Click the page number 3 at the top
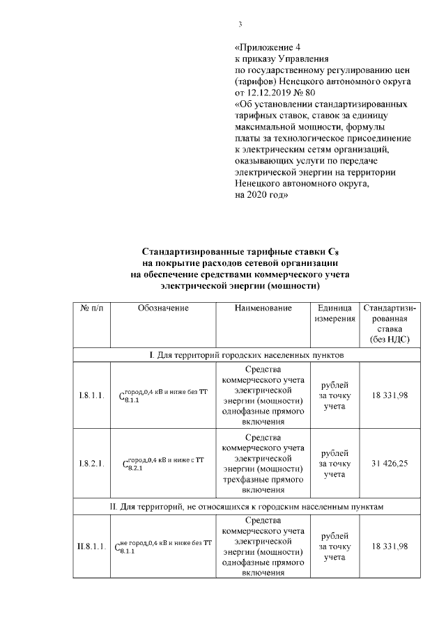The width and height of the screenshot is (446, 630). click(240, 25)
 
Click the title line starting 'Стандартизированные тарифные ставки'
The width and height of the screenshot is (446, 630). click(240, 252)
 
